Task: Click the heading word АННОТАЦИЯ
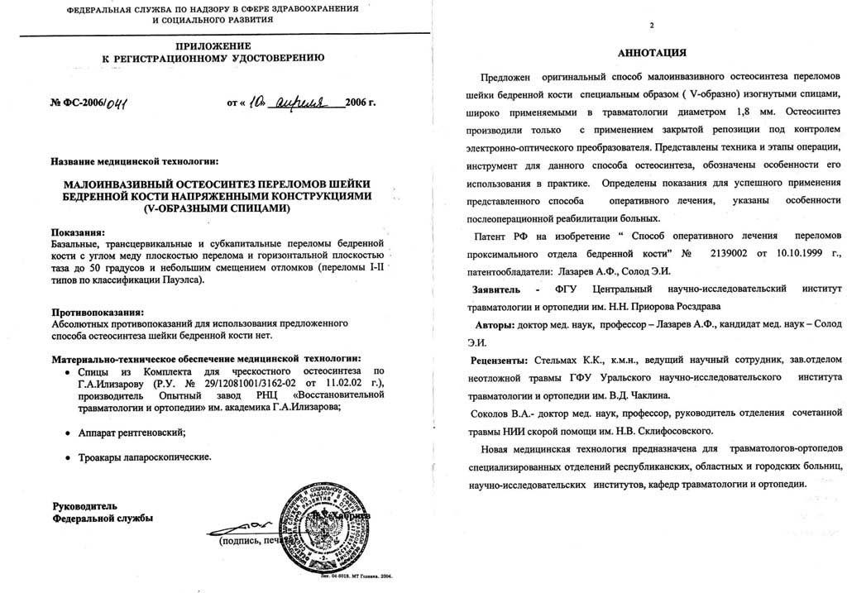pos(651,54)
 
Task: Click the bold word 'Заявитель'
pos(494,291)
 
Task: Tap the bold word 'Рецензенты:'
pos(499,361)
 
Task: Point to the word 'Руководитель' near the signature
pos(85,505)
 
